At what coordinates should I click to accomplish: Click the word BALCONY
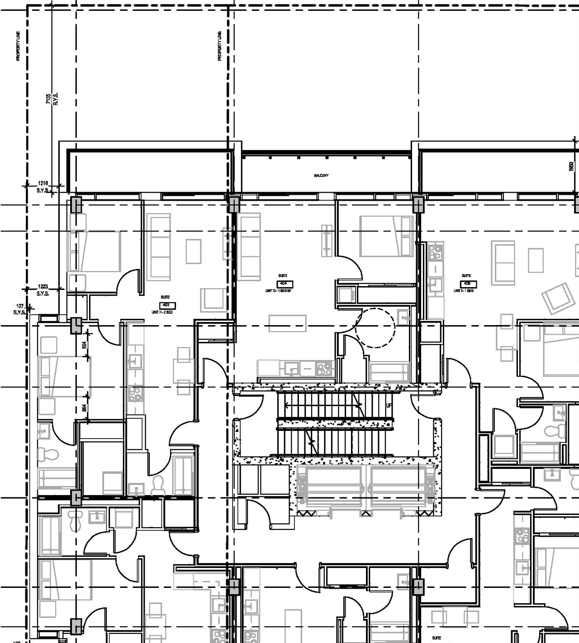coord(321,175)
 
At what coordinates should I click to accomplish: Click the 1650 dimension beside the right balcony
coord(571,166)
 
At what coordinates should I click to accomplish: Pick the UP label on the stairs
coord(389,406)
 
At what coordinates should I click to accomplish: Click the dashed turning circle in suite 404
coord(375,327)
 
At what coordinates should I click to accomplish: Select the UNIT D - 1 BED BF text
coord(279,291)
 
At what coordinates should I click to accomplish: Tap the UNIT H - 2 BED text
coord(162,312)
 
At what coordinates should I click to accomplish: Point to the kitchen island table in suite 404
coord(288,323)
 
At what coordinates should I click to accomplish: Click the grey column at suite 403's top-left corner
coord(76,205)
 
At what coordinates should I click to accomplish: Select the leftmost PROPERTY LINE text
coord(19,46)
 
